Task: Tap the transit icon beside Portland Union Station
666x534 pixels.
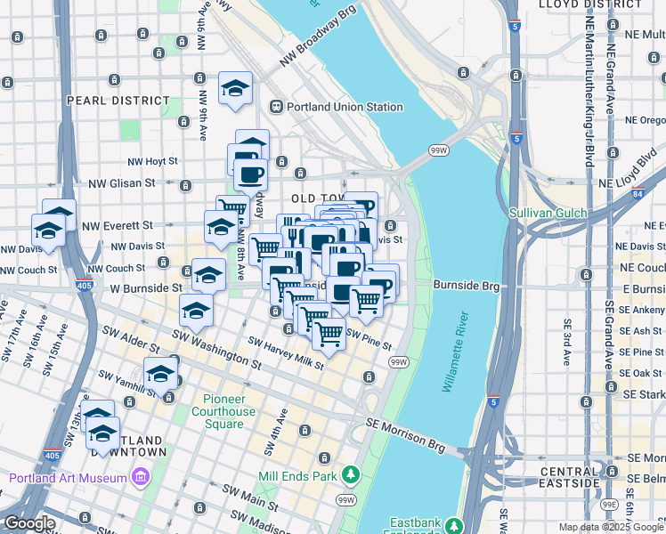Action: coord(277,107)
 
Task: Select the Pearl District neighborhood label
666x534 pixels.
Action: coord(118,101)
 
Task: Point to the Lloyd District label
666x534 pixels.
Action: coord(590,4)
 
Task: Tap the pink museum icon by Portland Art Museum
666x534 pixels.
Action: coord(140,479)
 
